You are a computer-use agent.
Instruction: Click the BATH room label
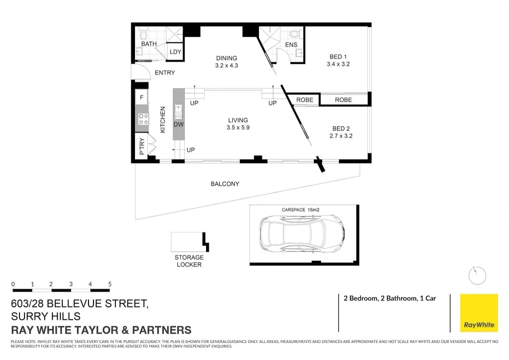pyautogui.click(x=149, y=43)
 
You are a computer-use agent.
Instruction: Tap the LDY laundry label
pyautogui.click(x=175, y=52)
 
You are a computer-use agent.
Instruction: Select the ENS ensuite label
pyautogui.click(x=291, y=45)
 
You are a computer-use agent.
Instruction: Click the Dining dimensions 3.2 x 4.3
pyautogui.click(x=227, y=65)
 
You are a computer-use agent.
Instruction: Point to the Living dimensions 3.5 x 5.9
pyautogui.click(x=238, y=128)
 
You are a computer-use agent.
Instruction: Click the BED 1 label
pyautogui.click(x=338, y=56)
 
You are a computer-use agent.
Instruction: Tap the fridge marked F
pyautogui.click(x=142, y=97)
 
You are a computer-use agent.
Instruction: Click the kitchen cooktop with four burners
pyautogui.click(x=143, y=119)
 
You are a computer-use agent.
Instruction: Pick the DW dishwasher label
pyautogui.click(x=179, y=124)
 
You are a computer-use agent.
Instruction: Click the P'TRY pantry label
pyautogui.click(x=142, y=146)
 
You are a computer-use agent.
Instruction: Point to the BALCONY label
pyautogui.click(x=225, y=184)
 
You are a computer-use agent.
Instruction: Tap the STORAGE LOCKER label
pyautogui.click(x=189, y=261)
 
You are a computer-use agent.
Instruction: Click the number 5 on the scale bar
pyautogui.click(x=110, y=284)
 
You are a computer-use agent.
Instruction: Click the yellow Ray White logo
pyautogui.click(x=479, y=313)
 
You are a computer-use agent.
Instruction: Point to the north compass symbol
pyautogui.click(x=477, y=276)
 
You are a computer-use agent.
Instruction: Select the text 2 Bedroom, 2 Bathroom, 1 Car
pyautogui.click(x=389, y=298)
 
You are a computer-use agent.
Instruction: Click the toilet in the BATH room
pyautogui.click(x=143, y=33)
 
